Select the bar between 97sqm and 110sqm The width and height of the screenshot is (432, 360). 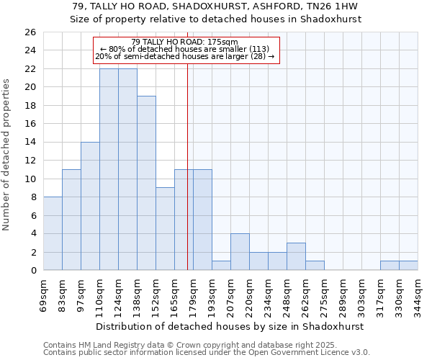click(90, 206)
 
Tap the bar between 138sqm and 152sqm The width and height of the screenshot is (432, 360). click(146, 183)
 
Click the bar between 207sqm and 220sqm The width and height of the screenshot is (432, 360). click(240, 252)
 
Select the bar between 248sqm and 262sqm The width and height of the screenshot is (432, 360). click(296, 257)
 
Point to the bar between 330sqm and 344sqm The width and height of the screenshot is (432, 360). click(408, 266)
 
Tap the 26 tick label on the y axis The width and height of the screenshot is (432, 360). click(30, 32)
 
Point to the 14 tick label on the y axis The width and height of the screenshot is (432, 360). click(30, 143)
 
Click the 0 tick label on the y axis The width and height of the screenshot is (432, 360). click(32, 271)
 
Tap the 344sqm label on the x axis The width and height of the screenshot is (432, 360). click(418, 294)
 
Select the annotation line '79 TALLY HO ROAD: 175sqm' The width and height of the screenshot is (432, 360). click(185, 42)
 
